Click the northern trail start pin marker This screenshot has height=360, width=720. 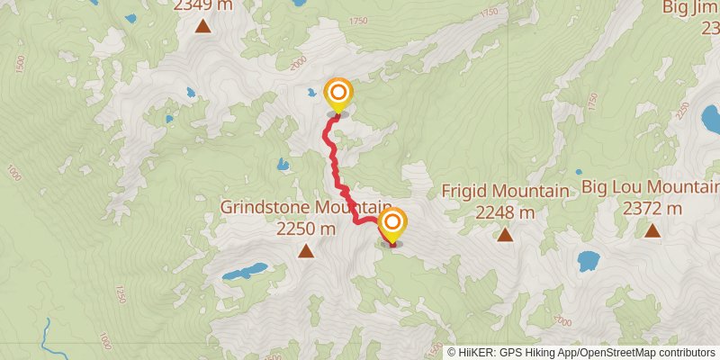click(338, 94)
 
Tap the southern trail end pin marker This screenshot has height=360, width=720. click(391, 225)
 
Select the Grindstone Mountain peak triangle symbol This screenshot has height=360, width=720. click(306, 252)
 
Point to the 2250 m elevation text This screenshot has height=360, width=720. click(306, 229)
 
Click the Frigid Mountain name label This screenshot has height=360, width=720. click(505, 192)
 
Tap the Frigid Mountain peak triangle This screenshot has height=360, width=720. click(505, 235)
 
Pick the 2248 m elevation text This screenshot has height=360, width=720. click(505, 212)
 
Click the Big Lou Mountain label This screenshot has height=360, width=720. click(650, 187)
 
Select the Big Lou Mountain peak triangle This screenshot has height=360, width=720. click(652, 230)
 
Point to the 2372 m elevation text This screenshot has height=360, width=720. click(652, 209)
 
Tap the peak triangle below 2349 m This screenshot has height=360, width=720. click(203, 26)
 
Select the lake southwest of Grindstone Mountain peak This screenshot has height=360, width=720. click(245, 271)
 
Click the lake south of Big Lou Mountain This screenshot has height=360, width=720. click(589, 261)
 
